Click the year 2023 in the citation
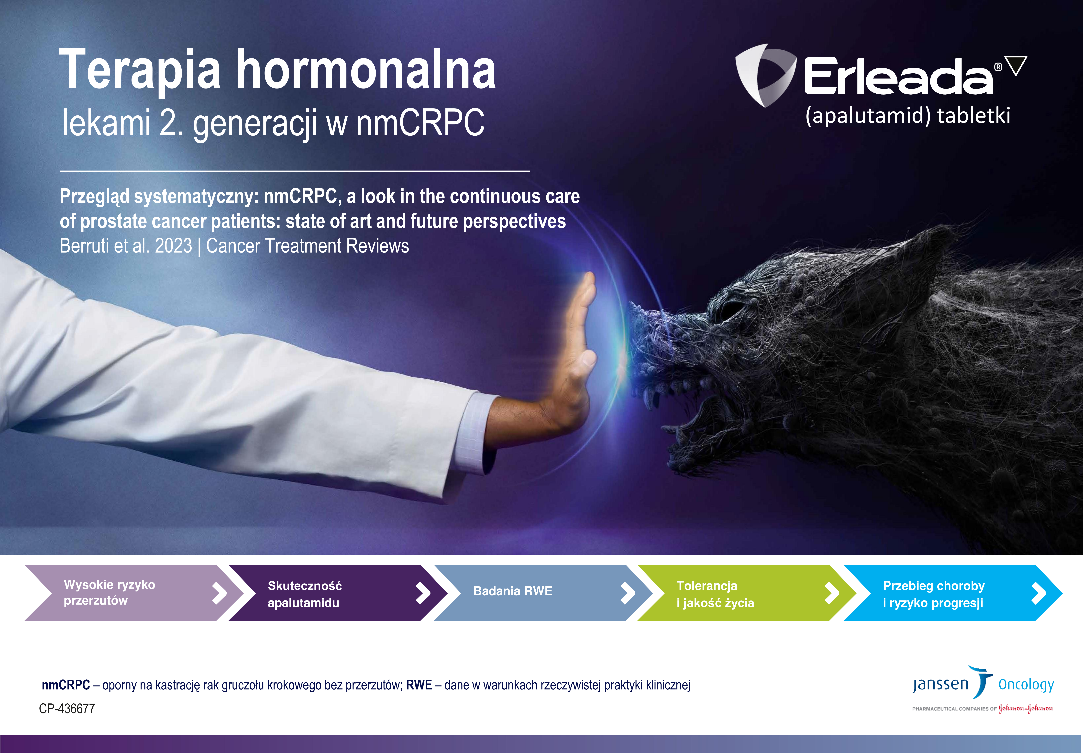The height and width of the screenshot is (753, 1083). (x=174, y=246)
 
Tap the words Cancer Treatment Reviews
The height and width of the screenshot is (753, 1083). (x=308, y=246)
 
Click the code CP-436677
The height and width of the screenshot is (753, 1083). (x=67, y=709)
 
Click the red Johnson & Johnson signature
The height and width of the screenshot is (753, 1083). (x=1026, y=709)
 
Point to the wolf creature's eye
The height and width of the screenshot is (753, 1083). (x=729, y=309)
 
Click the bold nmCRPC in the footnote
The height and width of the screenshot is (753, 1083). (x=66, y=685)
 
